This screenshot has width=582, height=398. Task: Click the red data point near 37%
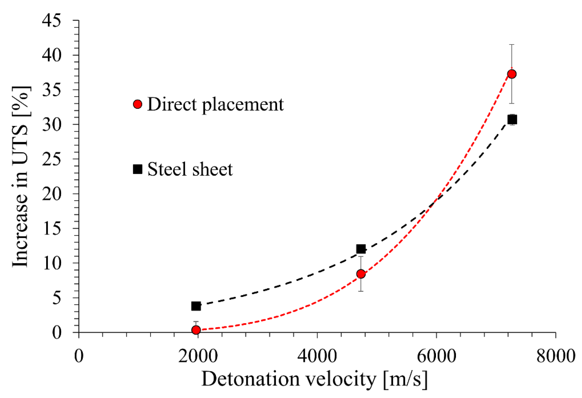tap(512, 74)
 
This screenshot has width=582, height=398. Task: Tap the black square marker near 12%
tap(361, 249)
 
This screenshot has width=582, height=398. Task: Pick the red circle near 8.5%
tap(361, 274)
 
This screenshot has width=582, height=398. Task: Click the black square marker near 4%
tap(196, 306)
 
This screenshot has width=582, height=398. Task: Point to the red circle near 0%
tap(196, 330)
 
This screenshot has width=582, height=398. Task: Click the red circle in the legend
tap(138, 104)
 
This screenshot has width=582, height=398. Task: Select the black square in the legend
tap(138, 169)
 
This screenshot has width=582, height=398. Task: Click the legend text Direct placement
tap(215, 104)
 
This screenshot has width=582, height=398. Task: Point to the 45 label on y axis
tap(51, 20)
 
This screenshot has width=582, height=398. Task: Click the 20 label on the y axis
tap(51, 194)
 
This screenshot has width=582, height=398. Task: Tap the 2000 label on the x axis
tap(198, 356)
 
